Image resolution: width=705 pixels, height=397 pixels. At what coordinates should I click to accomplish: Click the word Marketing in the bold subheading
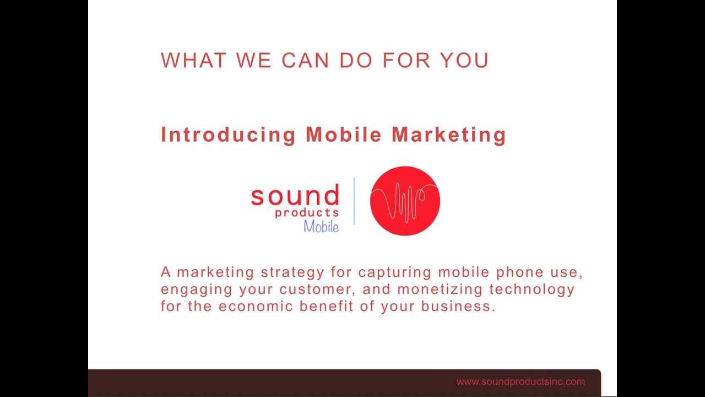coord(448,135)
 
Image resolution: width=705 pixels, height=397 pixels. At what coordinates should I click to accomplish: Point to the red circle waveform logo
coord(405,201)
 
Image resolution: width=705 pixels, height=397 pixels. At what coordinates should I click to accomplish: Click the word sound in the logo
coord(295,196)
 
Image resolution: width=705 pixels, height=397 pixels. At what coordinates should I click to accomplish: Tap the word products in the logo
coord(307,213)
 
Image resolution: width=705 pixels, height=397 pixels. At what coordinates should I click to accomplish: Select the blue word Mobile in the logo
coord(321,226)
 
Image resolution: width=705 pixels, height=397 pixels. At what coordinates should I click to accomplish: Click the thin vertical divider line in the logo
coord(354,201)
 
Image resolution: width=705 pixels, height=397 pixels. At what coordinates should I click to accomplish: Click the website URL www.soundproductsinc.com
coord(520,382)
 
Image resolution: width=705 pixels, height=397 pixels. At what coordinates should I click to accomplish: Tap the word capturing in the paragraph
coord(395,272)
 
